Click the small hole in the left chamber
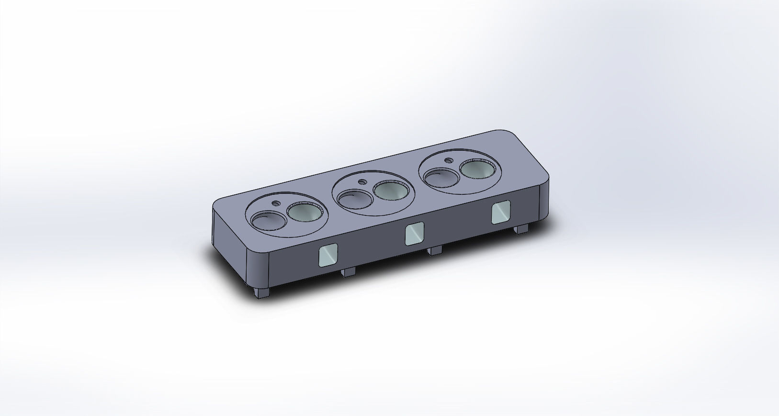pyautogui.click(x=275, y=202)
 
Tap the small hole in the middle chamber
pyautogui.click(x=362, y=182)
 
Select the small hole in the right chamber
pyautogui.click(x=449, y=161)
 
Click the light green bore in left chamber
pyautogui.click(x=305, y=212)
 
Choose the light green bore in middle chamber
pyautogui.click(x=392, y=191)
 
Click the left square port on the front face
pyautogui.click(x=328, y=255)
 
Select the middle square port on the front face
pyautogui.click(x=415, y=234)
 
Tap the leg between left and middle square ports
pyautogui.click(x=349, y=271)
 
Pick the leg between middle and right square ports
pyautogui.click(x=436, y=250)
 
